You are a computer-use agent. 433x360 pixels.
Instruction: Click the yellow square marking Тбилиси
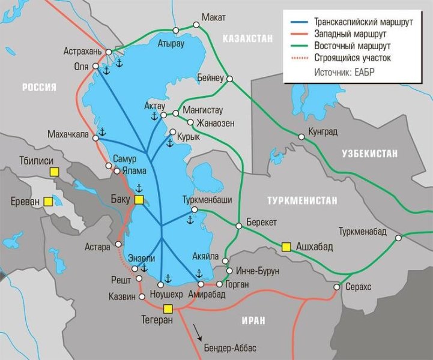(54, 172)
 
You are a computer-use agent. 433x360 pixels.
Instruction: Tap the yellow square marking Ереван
(46, 203)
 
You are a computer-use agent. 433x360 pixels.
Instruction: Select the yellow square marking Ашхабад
(286, 246)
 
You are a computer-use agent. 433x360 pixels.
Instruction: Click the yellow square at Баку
(139, 200)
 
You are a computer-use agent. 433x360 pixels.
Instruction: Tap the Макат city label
(214, 16)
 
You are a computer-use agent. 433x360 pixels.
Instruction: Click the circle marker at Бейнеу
(229, 79)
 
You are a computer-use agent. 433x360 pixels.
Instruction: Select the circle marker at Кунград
(301, 137)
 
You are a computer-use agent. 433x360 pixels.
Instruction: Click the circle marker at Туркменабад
(399, 238)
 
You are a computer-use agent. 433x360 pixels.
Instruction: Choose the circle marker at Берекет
(239, 226)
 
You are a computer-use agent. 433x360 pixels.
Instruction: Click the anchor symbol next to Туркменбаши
(189, 221)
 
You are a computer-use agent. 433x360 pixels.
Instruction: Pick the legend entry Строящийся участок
(352, 58)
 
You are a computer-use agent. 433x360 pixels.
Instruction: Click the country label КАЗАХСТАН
(247, 38)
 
